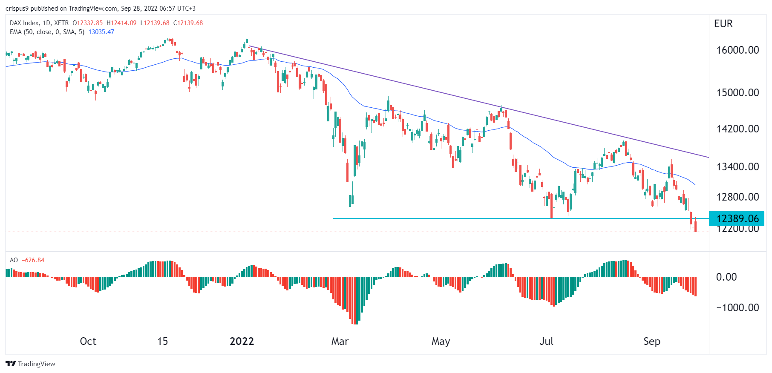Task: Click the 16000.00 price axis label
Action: tap(737, 50)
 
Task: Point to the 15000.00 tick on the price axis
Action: tap(737, 93)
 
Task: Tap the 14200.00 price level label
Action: tap(737, 129)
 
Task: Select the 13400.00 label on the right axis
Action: tap(737, 167)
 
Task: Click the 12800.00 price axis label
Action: tap(737, 197)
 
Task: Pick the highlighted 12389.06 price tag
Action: tap(737, 219)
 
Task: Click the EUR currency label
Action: tap(723, 24)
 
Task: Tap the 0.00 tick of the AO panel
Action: tap(726, 277)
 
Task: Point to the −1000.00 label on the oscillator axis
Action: tap(737, 308)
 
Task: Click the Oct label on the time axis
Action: tap(88, 341)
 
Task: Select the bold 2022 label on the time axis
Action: tap(242, 341)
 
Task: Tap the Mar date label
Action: tap(340, 341)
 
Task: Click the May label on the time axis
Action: tap(441, 341)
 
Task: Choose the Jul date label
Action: tap(546, 341)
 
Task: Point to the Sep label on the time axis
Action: tap(652, 341)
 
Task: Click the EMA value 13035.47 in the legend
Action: tap(101, 32)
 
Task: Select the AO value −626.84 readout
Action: tap(33, 260)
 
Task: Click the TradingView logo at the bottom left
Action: tap(30, 364)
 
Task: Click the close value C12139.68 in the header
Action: tap(188, 23)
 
